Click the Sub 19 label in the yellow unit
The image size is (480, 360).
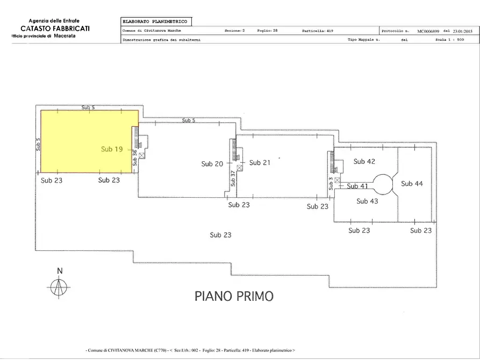111,149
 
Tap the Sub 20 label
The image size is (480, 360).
212,164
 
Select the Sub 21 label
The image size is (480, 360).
260,162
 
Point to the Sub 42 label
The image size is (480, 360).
364,161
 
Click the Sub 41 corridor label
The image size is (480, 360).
357,186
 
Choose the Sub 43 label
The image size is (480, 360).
368,201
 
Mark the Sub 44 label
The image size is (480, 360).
412,184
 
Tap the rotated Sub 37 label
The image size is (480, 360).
233,178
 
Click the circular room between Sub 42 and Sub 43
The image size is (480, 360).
384,184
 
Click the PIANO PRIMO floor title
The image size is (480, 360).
234,296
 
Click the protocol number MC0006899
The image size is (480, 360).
425,31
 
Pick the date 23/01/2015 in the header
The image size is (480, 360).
464,31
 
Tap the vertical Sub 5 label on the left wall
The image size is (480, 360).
39,144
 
